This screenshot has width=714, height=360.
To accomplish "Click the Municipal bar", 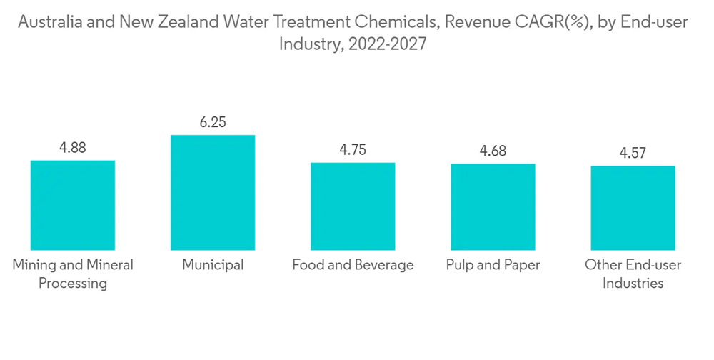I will [213, 192].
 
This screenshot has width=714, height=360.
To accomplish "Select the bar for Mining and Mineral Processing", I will [73, 205].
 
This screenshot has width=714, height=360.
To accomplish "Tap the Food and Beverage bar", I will [353, 206].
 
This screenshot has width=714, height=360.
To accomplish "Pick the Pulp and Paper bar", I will [493, 207].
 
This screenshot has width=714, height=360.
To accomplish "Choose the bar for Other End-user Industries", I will [633, 208].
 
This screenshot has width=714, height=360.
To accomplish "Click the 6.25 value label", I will [213, 123].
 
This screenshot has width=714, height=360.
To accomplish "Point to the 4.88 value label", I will [73, 149].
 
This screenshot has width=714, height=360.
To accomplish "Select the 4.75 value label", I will [353, 151].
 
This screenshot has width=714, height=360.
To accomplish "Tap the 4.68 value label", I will [493, 152].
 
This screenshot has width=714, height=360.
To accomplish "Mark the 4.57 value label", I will [633, 154].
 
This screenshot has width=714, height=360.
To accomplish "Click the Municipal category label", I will [213, 265].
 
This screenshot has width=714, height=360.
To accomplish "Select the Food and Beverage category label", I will [353, 265].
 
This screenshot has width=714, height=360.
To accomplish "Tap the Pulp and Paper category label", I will [493, 265].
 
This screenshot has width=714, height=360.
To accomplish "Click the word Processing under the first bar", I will [73, 284].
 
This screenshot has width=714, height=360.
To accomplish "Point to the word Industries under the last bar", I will [633, 284].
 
